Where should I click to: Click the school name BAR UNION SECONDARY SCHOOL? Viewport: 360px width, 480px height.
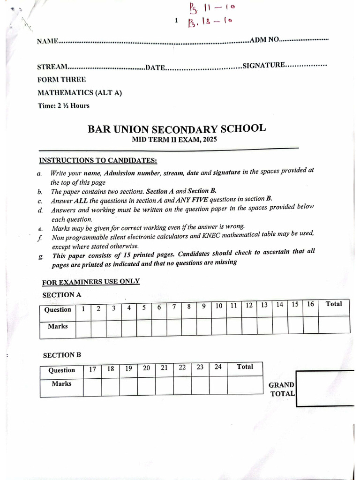176,129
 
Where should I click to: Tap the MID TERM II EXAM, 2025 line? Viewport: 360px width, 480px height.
174,140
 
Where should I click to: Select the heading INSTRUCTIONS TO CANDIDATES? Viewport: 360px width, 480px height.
98,160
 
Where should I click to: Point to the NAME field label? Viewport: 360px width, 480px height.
47,41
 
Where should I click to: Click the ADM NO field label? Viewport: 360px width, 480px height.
264,40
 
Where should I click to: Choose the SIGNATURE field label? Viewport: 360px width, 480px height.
263,66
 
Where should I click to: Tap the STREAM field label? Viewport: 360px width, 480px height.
52,67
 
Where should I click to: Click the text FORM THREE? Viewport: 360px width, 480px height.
61,80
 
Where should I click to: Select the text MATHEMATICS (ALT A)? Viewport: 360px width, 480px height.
79,93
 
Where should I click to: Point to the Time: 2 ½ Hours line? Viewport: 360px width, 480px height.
63,105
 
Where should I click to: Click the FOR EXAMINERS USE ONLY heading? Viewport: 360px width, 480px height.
91,282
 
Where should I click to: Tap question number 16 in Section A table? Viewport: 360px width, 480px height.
310,304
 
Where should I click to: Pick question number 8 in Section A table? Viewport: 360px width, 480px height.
188,307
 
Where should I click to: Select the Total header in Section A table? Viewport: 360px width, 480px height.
334,304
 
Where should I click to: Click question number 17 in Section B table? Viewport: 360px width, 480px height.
93,369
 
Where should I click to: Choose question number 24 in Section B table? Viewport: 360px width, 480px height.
217,367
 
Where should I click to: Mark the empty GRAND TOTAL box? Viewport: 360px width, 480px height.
325,389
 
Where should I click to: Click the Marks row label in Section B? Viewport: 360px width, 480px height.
61,383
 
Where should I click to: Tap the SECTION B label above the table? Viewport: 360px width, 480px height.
62,355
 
